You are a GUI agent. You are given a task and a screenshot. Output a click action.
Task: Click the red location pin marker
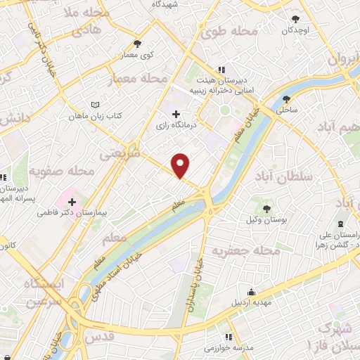(181, 165)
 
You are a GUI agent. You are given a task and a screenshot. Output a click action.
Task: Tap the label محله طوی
(230, 32)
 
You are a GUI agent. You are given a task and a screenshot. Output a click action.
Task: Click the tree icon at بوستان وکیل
(267, 208)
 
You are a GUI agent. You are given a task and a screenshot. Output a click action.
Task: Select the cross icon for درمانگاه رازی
(176, 114)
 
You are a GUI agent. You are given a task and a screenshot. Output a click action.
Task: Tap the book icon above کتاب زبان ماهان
(86, 105)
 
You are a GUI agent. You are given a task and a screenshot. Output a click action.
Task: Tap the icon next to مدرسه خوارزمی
(228, 337)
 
